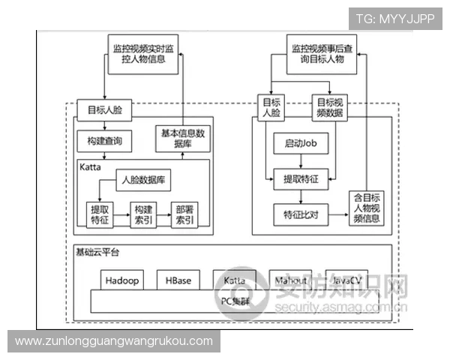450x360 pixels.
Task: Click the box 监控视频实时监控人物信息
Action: coord(143,54)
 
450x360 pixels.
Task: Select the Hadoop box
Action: coord(121,280)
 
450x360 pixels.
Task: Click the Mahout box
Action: coord(290,280)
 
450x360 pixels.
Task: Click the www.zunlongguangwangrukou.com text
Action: coord(114,341)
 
